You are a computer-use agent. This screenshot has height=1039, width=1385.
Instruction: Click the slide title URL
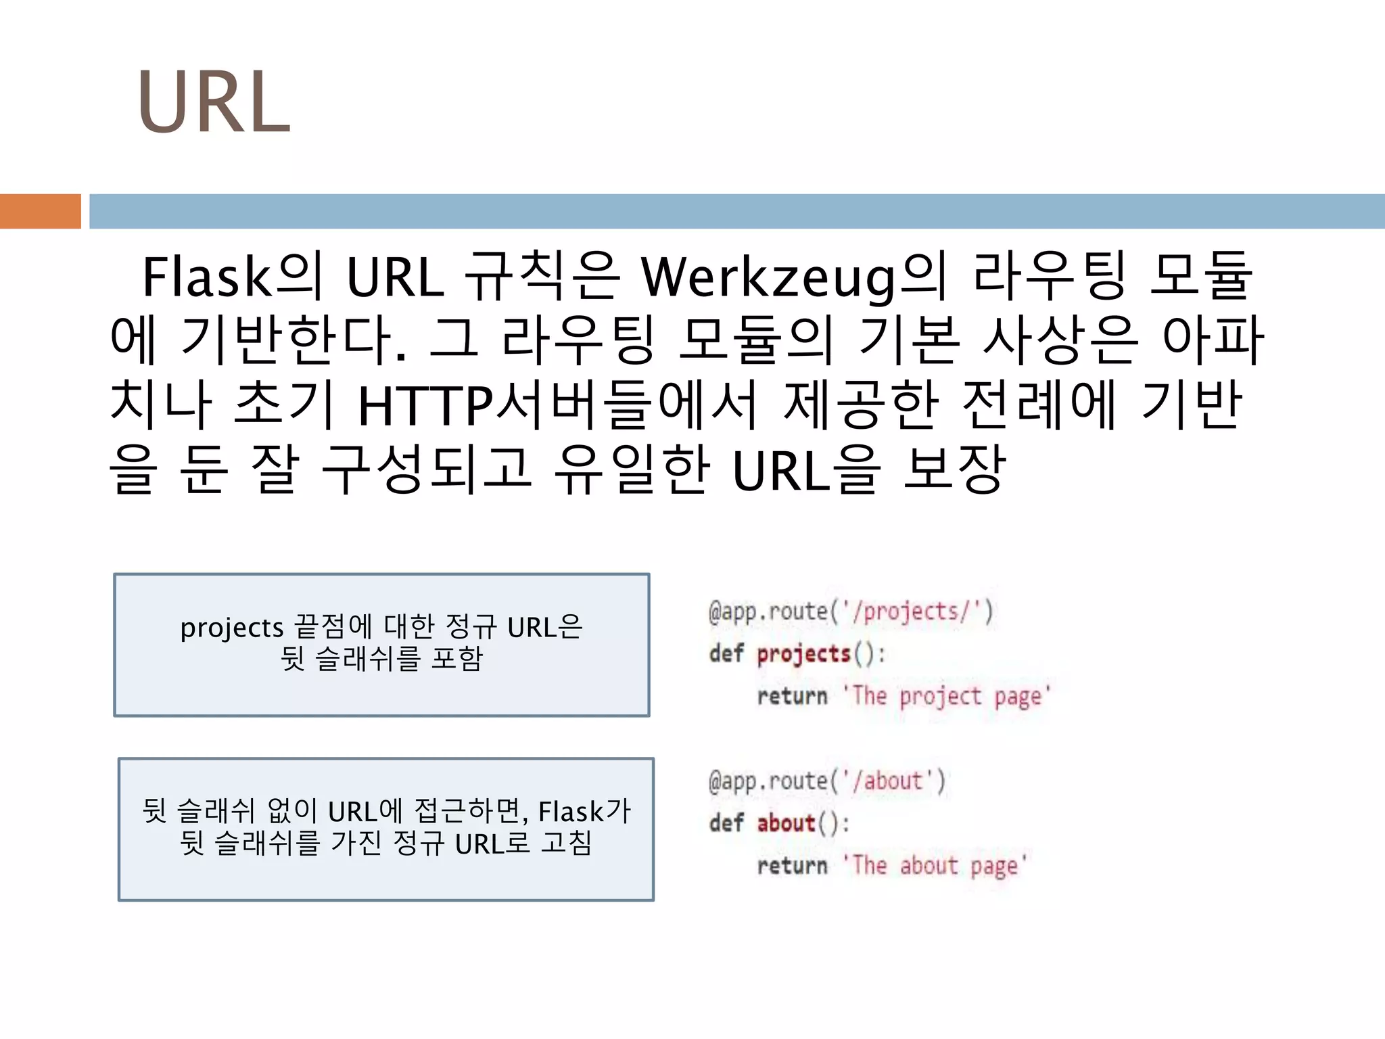click(214, 103)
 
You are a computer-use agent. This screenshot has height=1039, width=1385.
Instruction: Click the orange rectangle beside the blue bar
click(40, 211)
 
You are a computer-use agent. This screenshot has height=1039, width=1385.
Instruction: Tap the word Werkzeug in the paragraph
click(768, 278)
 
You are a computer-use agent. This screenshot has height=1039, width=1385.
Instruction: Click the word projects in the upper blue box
click(231, 628)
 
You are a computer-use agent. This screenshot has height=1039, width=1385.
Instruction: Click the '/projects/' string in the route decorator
click(910, 611)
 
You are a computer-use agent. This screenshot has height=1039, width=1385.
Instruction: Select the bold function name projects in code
click(803, 654)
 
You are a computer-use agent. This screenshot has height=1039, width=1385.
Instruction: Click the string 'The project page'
click(947, 696)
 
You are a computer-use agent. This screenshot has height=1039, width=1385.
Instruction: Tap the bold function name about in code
click(786, 823)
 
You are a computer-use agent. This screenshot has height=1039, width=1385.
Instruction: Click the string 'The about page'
click(935, 866)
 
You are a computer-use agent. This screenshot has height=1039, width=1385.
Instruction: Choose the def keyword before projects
click(726, 654)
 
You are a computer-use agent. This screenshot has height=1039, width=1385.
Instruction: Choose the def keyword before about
click(726, 823)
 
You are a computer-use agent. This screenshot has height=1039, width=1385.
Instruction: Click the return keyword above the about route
click(792, 696)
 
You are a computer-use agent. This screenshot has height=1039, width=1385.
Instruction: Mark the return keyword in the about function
click(792, 866)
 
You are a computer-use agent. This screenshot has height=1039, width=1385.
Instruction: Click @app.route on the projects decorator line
click(768, 611)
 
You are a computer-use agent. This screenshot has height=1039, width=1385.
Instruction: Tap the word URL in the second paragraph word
click(395, 278)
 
